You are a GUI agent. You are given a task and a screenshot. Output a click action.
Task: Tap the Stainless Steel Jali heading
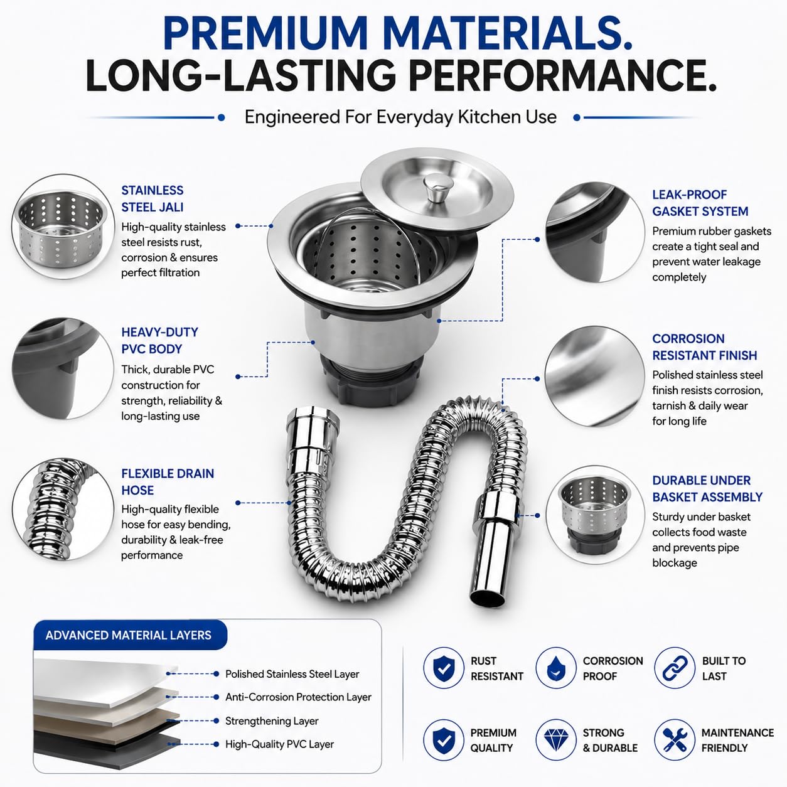click(153, 198)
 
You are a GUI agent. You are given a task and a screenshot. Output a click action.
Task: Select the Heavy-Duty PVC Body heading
click(159, 340)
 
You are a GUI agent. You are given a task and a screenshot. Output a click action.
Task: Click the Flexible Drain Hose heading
click(168, 481)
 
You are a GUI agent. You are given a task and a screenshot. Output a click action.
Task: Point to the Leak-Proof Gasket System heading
click(700, 203)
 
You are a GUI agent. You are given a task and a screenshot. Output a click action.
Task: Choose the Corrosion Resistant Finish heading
click(705, 346)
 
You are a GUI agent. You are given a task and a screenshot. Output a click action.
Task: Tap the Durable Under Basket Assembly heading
click(707, 488)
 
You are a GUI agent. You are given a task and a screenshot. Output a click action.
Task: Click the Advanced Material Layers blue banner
click(130, 635)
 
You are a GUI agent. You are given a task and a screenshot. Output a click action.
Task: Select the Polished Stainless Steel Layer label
click(292, 674)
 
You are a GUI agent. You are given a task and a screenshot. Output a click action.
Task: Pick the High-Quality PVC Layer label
click(279, 744)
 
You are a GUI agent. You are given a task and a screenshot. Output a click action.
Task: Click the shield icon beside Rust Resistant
click(444, 668)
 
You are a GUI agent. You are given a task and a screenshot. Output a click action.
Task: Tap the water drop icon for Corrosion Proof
click(555, 668)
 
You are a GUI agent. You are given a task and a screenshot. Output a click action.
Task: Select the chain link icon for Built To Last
click(674, 668)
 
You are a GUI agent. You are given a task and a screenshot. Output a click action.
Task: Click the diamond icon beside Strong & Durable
click(555, 740)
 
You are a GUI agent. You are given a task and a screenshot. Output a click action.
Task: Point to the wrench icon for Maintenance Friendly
click(674, 740)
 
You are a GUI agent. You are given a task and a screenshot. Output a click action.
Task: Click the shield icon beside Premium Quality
click(444, 740)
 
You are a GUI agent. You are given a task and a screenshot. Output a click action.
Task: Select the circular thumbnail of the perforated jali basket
click(63, 227)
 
